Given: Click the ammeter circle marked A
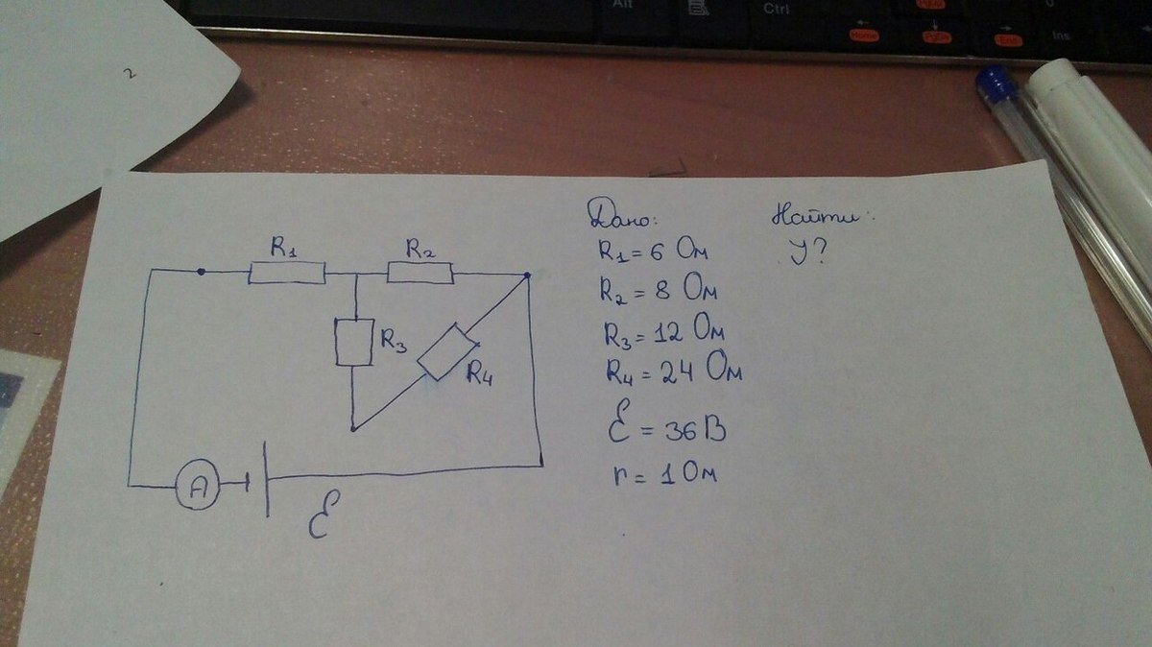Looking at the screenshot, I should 197,488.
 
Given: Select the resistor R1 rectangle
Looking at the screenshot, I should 287,274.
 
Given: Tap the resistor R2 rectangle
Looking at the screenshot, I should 420,274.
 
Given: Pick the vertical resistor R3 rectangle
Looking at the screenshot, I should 353,343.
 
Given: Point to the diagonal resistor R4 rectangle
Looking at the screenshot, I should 446,352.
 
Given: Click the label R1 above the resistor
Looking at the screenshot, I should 281,250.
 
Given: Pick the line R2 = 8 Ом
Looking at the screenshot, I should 659,290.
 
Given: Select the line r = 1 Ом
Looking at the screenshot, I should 653,473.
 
